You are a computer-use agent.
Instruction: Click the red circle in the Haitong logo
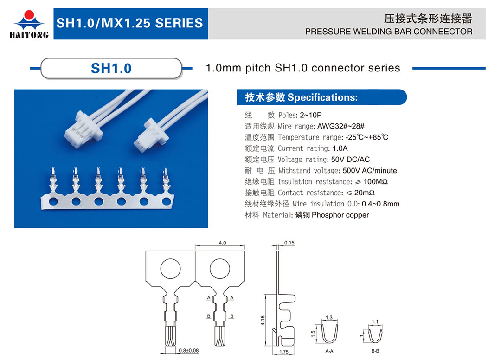coord(29,15)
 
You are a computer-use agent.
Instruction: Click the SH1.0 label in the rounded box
coord(111,68)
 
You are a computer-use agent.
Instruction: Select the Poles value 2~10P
coord(310,115)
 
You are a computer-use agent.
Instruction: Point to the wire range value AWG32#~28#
coord(340,126)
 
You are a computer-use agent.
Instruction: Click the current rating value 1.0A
coord(340,148)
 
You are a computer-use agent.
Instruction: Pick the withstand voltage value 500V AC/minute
coord(370,171)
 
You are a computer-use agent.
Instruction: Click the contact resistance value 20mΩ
coord(364,193)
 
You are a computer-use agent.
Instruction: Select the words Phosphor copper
coord(340,215)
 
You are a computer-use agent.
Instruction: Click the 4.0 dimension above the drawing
coord(222,243)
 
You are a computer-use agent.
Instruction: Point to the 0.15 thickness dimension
coord(289,243)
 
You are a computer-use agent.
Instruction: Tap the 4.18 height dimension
coord(263,321)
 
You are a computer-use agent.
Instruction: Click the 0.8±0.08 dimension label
coord(188,350)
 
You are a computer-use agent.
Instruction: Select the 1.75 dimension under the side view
coord(284,352)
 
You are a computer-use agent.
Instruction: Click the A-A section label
coord(329,351)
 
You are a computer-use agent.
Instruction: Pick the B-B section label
coord(375,351)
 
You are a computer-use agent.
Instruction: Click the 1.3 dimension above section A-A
coord(329,317)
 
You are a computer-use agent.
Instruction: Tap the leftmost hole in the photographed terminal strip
coord(53,201)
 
